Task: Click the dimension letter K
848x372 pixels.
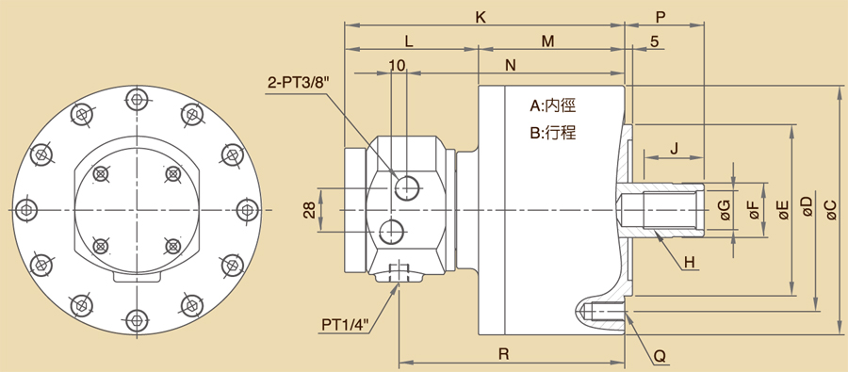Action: click(481, 17)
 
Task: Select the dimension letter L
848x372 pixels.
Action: click(409, 41)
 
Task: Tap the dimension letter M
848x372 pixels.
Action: click(548, 41)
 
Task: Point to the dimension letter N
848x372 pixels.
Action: click(511, 65)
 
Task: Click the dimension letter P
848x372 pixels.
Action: click(660, 17)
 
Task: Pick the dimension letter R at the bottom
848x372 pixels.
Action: click(504, 354)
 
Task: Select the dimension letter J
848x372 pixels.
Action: click(674, 149)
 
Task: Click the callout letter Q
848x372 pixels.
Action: click(660, 356)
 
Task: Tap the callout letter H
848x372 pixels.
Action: click(689, 263)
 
